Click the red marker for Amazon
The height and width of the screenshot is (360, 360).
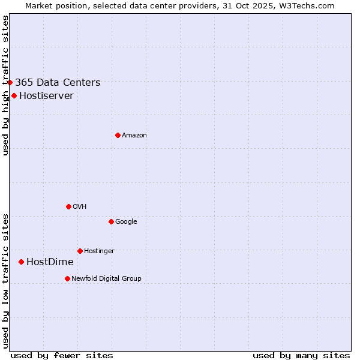click(118, 135)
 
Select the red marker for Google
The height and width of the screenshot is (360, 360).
click(111, 221)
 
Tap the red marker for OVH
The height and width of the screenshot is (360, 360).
click(68, 206)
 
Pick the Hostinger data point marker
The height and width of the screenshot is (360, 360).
click(80, 251)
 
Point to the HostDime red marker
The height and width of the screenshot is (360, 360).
click(21, 262)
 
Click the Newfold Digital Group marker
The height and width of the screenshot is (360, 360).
click(67, 278)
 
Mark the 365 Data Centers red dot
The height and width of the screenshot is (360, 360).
click(10, 82)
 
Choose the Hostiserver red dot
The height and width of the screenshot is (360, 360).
click(14, 95)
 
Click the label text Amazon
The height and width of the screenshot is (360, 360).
click(134, 136)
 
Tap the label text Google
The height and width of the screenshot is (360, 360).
click(126, 222)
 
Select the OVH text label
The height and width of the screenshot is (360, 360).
click(80, 207)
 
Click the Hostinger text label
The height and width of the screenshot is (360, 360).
click(99, 251)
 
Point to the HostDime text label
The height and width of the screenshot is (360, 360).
click(50, 262)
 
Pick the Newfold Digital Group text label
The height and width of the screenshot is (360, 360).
click(106, 279)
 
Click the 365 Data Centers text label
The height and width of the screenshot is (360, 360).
click(58, 83)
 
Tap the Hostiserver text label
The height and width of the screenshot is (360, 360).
click(46, 96)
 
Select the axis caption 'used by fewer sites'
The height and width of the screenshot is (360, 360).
click(62, 355)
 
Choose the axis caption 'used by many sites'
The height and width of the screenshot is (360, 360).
click(301, 355)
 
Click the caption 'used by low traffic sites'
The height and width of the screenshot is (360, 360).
click(5, 281)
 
